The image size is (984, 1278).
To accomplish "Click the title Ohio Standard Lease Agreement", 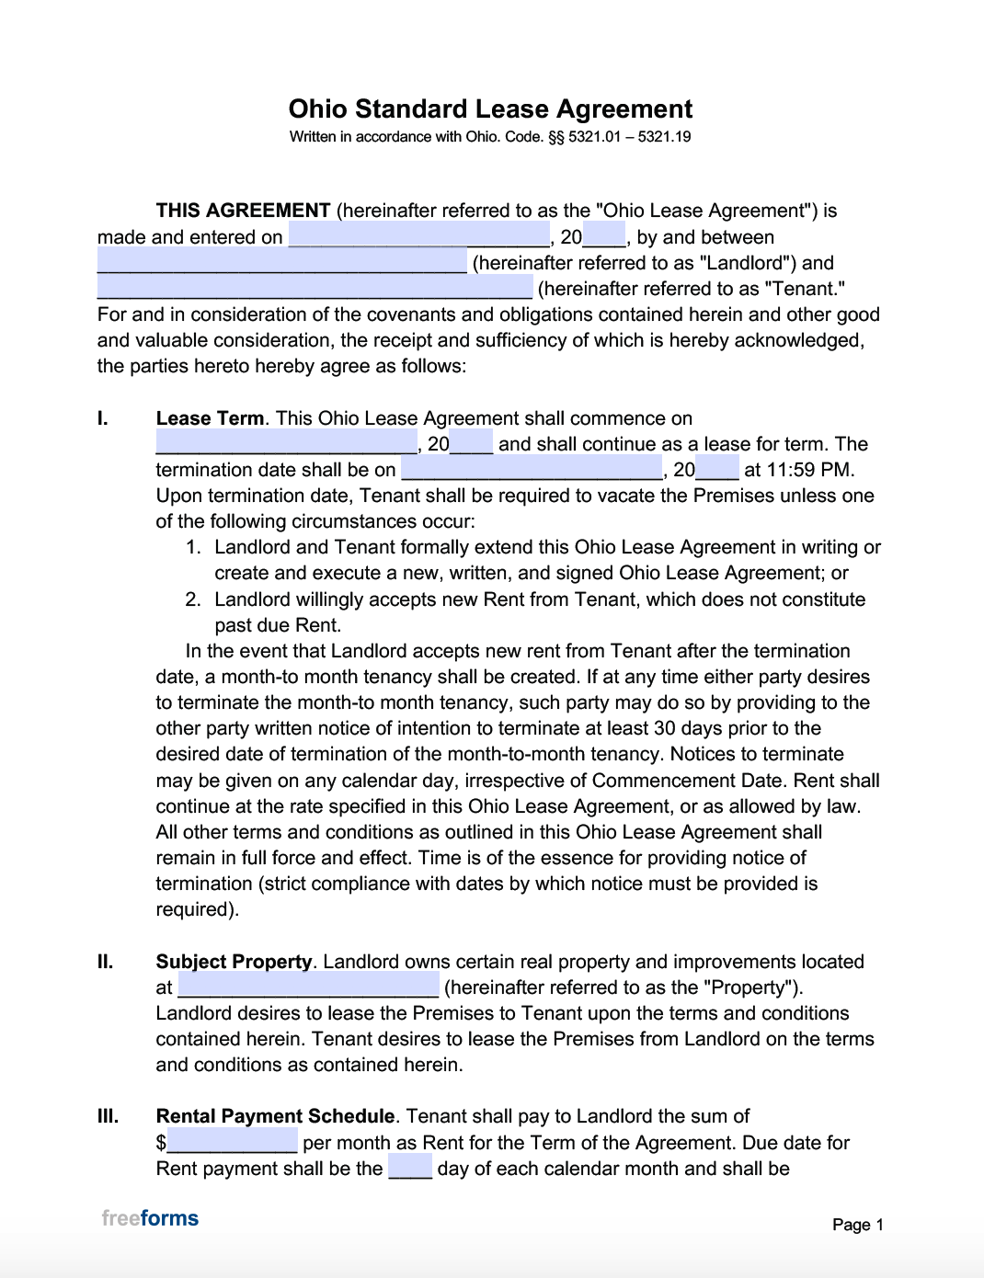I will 490,109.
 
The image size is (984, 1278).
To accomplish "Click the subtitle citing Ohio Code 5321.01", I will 490,137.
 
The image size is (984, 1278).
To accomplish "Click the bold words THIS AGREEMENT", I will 243,211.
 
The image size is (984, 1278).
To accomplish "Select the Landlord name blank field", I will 281,262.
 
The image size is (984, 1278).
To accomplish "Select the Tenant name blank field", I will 315,288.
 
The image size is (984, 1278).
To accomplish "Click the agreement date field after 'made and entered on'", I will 418,236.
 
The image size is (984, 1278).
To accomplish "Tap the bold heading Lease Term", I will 210,418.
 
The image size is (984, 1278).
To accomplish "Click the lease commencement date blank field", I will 286,443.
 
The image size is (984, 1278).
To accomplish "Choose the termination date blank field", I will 532,469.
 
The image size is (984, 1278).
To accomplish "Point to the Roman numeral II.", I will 106,962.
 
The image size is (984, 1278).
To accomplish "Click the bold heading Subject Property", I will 234,962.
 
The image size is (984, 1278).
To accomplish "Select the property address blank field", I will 308,987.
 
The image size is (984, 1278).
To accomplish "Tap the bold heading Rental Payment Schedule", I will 275,1116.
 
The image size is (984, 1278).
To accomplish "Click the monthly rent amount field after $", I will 233,1142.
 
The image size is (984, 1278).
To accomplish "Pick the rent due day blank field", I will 410,1168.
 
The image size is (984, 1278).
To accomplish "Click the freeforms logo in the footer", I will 150,1218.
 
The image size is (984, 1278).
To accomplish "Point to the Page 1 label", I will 857,1225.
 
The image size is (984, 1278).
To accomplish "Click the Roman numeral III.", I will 108,1116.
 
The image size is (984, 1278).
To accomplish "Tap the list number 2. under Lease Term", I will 193,599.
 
